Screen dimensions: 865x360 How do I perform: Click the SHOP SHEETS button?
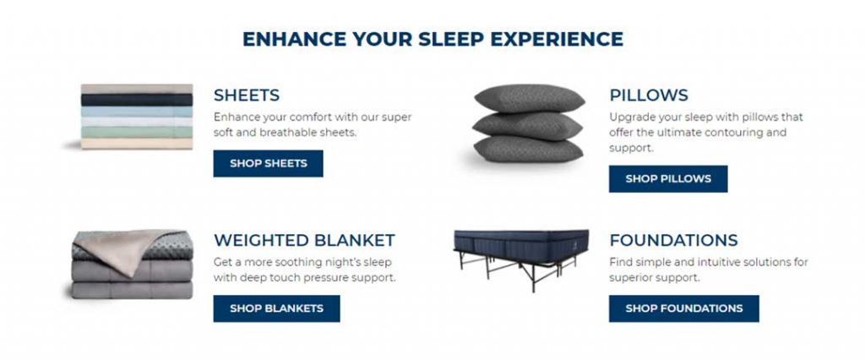(x=268, y=163)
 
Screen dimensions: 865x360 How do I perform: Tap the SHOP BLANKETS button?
(x=276, y=308)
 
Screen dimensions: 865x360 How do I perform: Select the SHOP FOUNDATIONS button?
(x=684, y=308)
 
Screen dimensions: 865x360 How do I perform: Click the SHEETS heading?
(x=247, y=95)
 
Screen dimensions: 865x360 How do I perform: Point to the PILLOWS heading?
(x=649, y=95)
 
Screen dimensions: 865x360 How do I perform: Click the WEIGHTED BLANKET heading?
(x=304, y=241)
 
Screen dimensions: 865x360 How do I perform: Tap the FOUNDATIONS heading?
(x=673, y=241)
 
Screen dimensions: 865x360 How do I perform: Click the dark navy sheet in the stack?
(x=137, y=100)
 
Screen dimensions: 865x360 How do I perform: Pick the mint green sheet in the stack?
(x=137, y=133)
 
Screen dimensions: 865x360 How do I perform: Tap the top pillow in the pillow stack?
(x=530, y=98)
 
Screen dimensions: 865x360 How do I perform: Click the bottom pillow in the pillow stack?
(x=528, y=149)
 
